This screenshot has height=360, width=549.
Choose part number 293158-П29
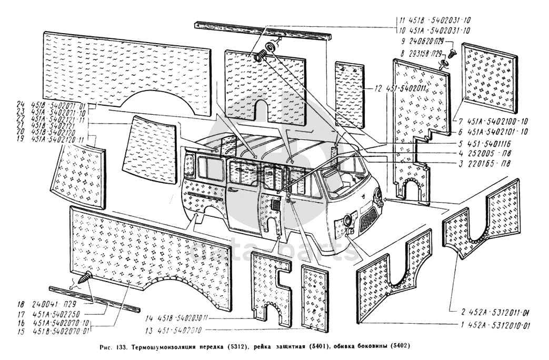click(x=427, y=53)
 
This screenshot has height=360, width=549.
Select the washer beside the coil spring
click(x=272, y=47)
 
